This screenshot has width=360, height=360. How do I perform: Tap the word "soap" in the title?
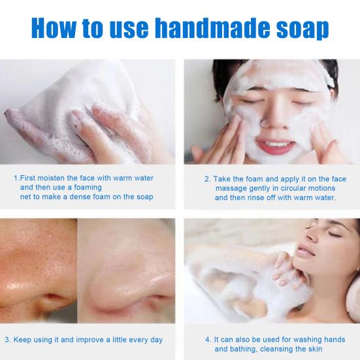[299, 28]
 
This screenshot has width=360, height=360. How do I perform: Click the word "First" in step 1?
[29, 177]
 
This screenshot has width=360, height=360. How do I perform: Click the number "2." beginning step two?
[207, 178]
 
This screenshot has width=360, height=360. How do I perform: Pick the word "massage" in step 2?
[229, 188]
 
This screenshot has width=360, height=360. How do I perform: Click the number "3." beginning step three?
[7, 340]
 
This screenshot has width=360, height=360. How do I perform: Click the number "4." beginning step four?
[207, 339]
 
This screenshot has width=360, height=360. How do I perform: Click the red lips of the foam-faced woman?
[275, 144]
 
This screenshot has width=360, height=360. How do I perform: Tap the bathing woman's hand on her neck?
[287, 265]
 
